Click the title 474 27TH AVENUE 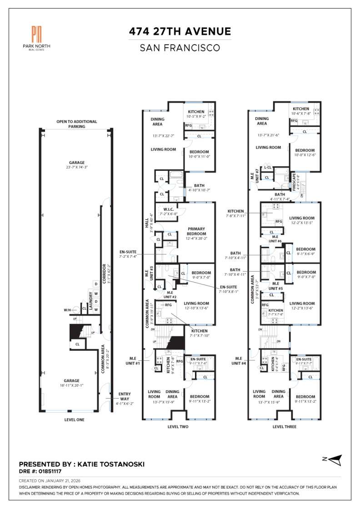pyautogui.click(x=180, y=31)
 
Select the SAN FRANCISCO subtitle pyautogui.click(x=180, y=47)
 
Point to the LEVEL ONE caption pyautogui.click(x=74, y=419)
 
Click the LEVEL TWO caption pyautogui.click(x=178, y=427)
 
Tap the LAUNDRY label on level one pyautogui.click(x=90, y=301)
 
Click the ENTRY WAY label pyautogui.click(x=124, y=397)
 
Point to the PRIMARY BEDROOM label pyautogui.click(x=196, y=231)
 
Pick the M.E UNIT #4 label pyautogui.click(x=238, y=360)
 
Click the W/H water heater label pyautogui.click(x=68, y=310)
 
